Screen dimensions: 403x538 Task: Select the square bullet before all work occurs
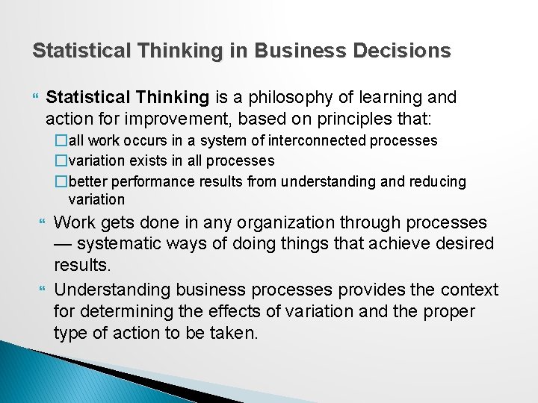tap(62, 140)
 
